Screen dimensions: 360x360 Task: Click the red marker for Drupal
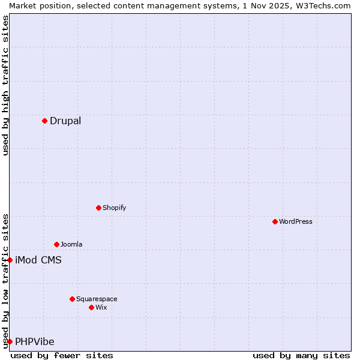(x=44, y=121)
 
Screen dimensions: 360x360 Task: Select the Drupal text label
(x=65, y=121)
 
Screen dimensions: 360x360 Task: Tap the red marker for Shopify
(x=98, y=208)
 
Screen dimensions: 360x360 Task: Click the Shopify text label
(x=114, y=208)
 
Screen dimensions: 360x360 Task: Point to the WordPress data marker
(x=275, y=221)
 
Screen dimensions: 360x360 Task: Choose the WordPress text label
(x=295, y=222)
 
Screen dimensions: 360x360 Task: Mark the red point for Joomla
(x=56, y=244)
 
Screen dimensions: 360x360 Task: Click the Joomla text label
(x=71, y=245)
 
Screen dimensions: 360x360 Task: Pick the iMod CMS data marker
(x=10, y=260)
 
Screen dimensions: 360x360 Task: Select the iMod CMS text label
(x=38, y=260)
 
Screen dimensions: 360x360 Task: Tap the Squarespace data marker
(x=72, y=299)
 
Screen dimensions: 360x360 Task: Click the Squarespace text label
(x=97, y=299)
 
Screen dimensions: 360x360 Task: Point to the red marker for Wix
(x=91, y=307)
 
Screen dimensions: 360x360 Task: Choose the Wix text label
(x=101, y=308)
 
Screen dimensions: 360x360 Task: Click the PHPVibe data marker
(x=10, y=341)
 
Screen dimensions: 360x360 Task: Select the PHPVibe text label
(x=35, y=342)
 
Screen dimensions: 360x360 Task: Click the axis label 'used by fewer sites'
(x=62, y=356)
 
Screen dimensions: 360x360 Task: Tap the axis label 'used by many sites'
(x=301, y=356)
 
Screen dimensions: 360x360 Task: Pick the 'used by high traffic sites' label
(x=5, y=85)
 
